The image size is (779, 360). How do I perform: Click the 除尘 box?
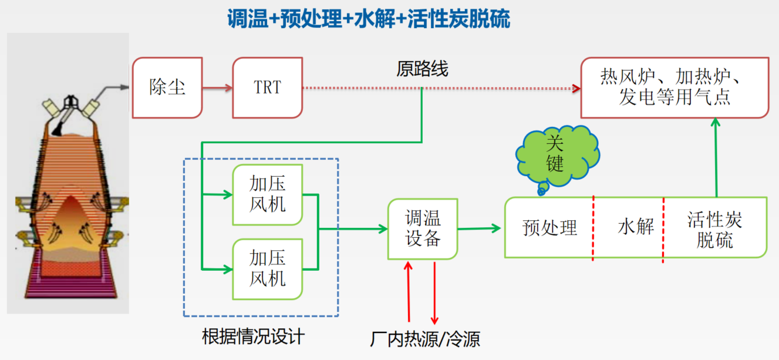coord(167,88)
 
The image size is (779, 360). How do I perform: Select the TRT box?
coord(268,88)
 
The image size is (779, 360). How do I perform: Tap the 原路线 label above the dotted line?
coord(422,69)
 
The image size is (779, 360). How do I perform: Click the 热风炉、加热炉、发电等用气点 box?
coord(675,88)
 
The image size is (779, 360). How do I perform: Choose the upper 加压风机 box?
coord(268,195)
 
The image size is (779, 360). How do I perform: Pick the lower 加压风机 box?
coord(268,268)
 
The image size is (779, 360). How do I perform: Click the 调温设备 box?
coord(423,229)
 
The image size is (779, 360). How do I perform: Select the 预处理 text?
coord(549,228)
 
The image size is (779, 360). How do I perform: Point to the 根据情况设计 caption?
coord(254,337)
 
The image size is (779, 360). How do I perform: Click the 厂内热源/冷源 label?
coord(425,339)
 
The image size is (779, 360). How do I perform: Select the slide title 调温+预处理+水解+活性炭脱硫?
coord(369,19)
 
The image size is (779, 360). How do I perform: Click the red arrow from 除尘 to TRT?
coord(217,88)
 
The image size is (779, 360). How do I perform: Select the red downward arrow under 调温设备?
coord(434,292)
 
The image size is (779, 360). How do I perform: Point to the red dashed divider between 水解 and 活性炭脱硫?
coord(663,229)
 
